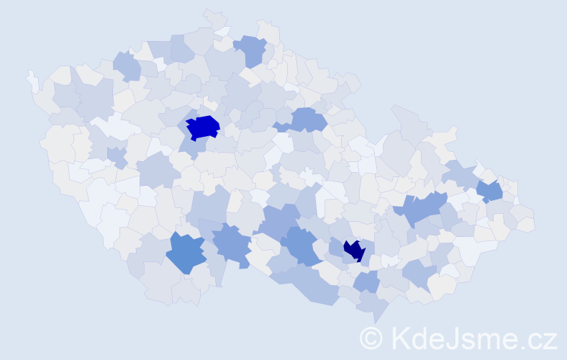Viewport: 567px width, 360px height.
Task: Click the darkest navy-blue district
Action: click(x=353, y=250)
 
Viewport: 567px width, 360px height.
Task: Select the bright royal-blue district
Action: click(x=203, y=127)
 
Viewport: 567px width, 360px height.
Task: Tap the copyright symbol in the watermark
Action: click(x=371, y=338)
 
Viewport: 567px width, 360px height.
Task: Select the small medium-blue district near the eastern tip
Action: click(x=490, y=191)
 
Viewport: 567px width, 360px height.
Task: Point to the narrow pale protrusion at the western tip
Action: click(x=32, y=79)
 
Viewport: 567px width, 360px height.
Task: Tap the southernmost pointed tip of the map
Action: click(x=376, y=321)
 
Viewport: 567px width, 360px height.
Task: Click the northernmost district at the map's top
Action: click(x=214, y=18)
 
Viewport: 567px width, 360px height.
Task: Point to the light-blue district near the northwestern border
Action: click(x=127, y=66)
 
